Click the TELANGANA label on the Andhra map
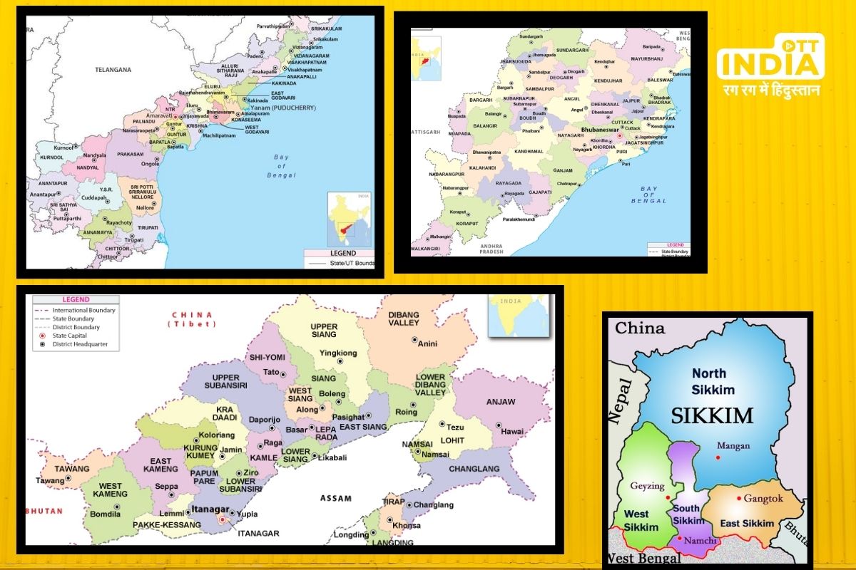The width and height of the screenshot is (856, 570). click(114, 70)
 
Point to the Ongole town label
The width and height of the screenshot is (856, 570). click(149, 164)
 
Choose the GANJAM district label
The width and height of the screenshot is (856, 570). click(563, 170)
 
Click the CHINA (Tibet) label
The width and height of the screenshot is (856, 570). click(193, 319)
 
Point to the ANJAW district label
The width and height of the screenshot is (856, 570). click(500, 402)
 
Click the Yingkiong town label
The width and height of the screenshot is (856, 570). click(337, 353)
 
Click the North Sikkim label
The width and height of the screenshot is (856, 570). click(709, 381)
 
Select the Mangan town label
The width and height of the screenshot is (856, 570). click(733, 446)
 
